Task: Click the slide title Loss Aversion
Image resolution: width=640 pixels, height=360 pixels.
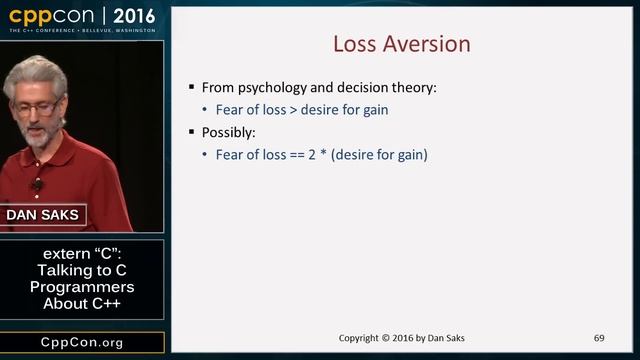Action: [x=401, y=45]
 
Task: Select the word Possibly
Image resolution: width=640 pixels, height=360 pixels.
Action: [x=229, y=132]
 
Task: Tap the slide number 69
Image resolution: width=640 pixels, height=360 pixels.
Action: [x=599, y=338]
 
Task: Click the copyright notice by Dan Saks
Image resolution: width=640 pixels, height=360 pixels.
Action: [x=401, y=338]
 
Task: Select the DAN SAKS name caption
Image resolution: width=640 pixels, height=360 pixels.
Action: [x=42, y=215]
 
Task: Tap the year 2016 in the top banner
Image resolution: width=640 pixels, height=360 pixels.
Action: [x=133, y=16]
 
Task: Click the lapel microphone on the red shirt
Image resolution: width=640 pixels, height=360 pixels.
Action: [x=38, y=184]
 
